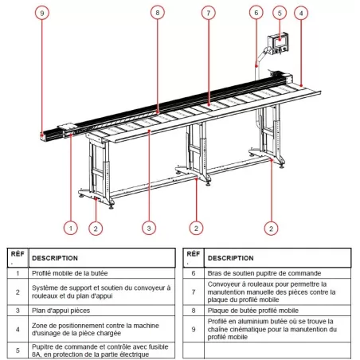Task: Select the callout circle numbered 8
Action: click(158, 14)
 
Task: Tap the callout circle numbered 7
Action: click(208, 14)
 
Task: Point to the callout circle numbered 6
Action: click(256, 14)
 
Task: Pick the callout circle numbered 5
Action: click(279, 14)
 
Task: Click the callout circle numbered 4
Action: click(300, 14)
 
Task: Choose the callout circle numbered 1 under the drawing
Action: click(70, 229)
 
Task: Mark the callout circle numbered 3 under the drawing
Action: click(148, 229)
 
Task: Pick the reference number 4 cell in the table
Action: click(17, 328)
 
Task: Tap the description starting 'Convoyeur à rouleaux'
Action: click(263, 292)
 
